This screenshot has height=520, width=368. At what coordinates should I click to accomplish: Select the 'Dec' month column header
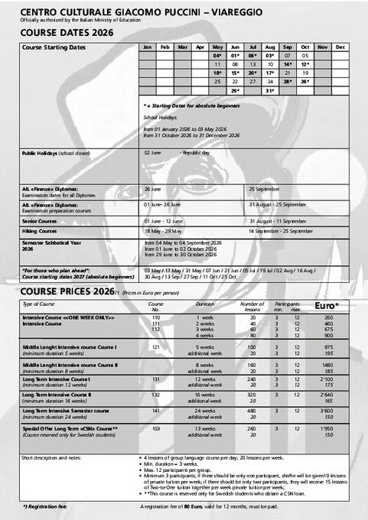[340, 47]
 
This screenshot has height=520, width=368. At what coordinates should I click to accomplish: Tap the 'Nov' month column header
[321, 47]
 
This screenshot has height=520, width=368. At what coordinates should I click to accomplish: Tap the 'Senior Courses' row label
[39, 220]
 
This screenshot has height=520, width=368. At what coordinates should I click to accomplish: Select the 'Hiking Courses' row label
[40, 230]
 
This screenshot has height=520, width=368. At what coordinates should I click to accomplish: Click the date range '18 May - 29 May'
[161, 230]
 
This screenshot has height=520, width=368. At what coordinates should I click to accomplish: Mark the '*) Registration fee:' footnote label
[47, 507]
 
